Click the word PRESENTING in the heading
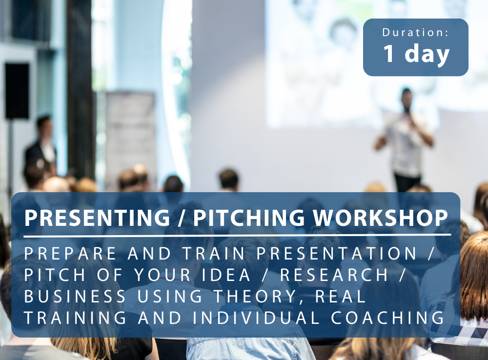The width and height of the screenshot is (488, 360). (x=97, y=218)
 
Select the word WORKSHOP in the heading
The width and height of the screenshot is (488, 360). (x=381, y=218)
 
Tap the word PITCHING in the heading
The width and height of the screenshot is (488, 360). (x=249, y=218)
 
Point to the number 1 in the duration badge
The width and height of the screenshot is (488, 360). (x=389, y=53)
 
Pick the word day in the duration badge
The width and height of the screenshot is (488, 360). (x=427, y=55)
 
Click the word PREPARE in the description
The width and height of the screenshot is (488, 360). (x=70, y=253)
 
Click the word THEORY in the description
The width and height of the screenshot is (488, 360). (x=255, y=297)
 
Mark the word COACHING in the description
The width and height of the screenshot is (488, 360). (x=388, y=318)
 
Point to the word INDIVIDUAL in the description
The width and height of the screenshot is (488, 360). (x=256, y=318)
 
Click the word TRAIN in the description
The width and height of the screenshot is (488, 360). (x=214, y=253)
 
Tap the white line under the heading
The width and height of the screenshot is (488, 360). (x=237, y=236)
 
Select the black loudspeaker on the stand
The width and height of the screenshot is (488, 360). (x=17, y=91)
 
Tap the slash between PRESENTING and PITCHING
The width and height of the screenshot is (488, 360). (x=182, y=218)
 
